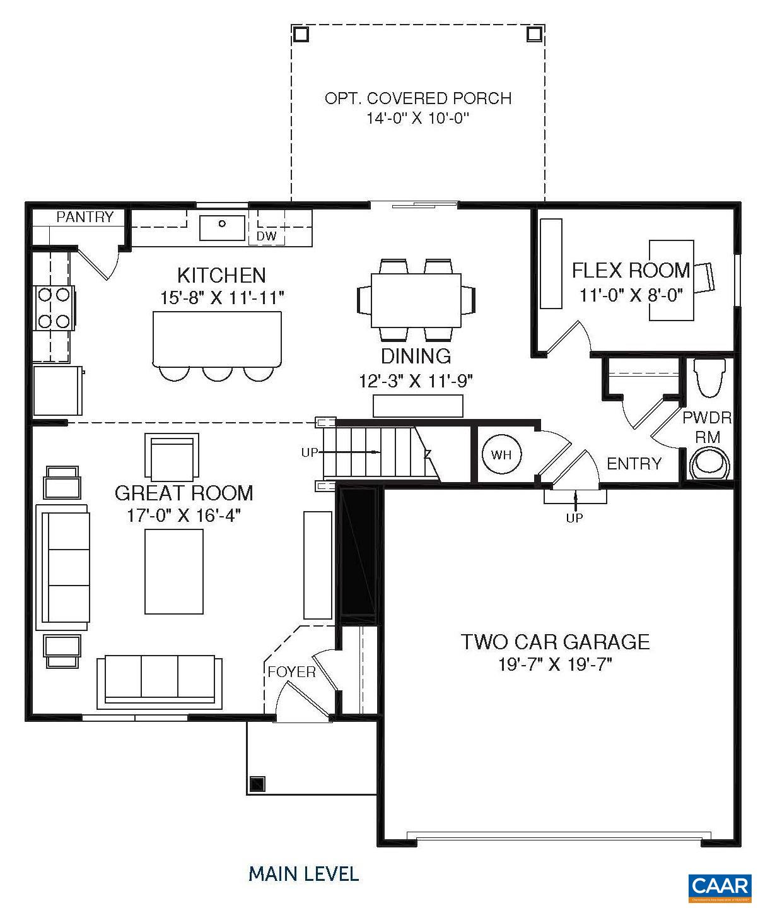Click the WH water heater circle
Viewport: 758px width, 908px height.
pyautogui.click(x=501, y=454)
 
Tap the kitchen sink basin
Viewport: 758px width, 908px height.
pyautogui.click(x=222, y=227)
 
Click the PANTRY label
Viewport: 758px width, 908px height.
pyautogui.click(x=85, y=217)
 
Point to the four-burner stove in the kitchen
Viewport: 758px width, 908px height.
pyautogui.click(x=54, y=307)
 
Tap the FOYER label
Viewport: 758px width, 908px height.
pyautogui.click(x=291, y=672)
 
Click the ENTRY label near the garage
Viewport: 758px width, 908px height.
pyautogui.click(x=634, y=464)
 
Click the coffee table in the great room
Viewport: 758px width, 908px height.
pyautogui.click(x=174, y=571)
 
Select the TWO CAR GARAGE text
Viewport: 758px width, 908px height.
pyautogui.click(x=555, y=642)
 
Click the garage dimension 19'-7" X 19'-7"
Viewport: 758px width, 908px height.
pyautogui.click(x=555, y=665)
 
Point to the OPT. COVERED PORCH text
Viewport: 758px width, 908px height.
pyautogui.click(x=417, y=98)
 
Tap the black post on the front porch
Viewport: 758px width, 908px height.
pyautogui.click(x=257, y=784)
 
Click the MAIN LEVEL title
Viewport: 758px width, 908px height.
pyautogui.click(x=303, y=874)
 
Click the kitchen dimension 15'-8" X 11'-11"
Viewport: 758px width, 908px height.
pyautogui.click(x=221, y=298)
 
